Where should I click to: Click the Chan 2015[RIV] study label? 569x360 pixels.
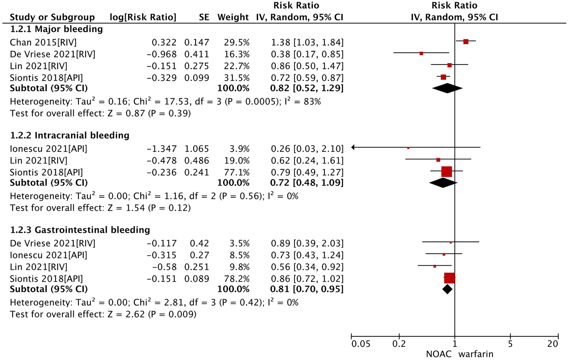[x=43, y=42]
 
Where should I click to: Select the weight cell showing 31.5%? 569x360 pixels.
[x=237, y=78]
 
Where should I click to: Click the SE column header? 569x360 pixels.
[x=204, y=17]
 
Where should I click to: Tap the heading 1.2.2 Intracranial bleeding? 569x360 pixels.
[x=70, y=135]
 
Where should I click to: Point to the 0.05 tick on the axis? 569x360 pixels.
[x=361, y=344]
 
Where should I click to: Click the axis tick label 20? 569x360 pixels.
[x=553, y=344]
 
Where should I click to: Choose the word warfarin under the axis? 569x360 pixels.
[x=476, y=354]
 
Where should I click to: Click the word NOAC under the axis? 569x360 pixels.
[x=438, y=354]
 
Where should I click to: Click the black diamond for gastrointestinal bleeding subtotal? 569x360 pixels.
[x=447, y=289]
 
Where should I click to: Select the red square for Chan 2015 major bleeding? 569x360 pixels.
[x=466, y=42]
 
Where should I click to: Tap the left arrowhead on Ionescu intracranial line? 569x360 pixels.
[x=353, y=147]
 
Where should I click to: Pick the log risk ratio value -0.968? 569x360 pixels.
[x=162, y=54]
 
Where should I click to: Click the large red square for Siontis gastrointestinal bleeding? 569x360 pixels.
[x=450, y=278]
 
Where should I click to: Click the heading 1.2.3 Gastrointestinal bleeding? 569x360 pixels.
[x=80, y=230]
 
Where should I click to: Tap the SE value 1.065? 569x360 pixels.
[x=197, y=149]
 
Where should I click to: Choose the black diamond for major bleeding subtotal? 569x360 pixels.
[x=447, y=88]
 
